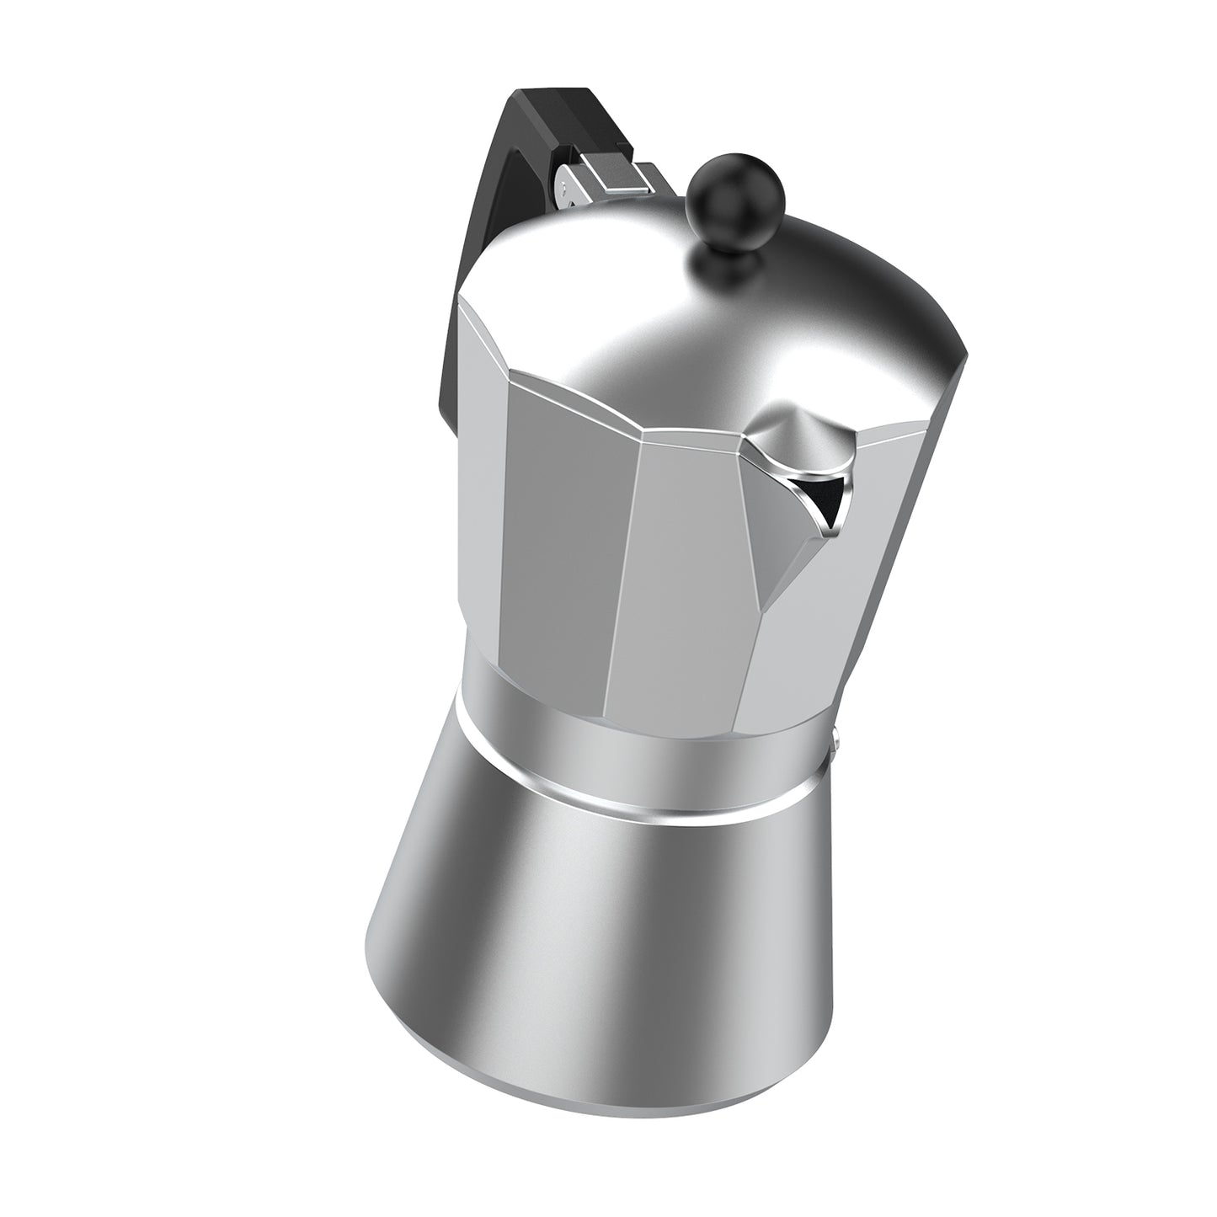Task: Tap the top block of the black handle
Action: pos(556,118)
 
